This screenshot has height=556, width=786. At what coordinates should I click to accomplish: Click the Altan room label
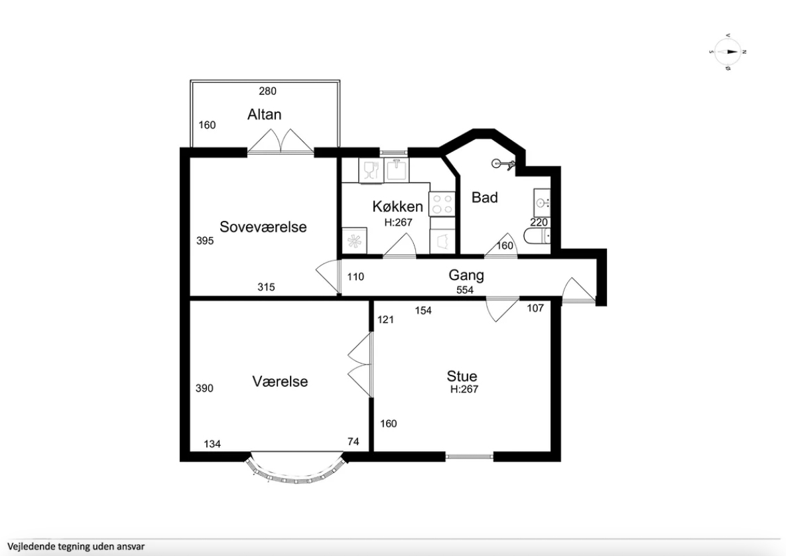tap(264, 114)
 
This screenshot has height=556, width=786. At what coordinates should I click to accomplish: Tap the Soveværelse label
tap(263, 227)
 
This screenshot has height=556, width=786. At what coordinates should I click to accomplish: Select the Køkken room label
tap(397, 206)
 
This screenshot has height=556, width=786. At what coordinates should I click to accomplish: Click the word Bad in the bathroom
tap(485, 198)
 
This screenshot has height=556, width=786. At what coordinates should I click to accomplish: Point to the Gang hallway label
tap(466, 275)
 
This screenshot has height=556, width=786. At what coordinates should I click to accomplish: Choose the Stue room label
tap(462, 376)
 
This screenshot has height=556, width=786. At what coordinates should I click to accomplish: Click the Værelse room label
tap(280, 382)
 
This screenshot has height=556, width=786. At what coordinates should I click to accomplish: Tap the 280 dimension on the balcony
tap(268, 92)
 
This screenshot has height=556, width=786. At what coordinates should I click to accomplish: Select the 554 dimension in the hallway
tap(465, 290)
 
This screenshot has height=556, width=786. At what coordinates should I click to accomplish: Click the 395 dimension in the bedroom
tap(205, 241)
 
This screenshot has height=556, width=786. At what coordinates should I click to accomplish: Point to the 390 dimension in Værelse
tap(204, 388)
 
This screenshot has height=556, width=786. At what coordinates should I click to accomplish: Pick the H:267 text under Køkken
tap(398, 222)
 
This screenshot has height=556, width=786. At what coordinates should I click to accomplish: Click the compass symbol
tap(728, 52)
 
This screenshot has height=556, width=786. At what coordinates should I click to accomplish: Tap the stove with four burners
tap(442, 204)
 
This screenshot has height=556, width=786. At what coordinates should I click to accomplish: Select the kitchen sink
tap(397, 171)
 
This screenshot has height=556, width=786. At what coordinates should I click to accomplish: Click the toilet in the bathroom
tap(537, 236)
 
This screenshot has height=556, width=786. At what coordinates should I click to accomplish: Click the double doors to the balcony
tap(281, 141)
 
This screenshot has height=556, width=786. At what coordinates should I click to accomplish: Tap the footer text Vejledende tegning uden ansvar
tap(76, 547)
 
